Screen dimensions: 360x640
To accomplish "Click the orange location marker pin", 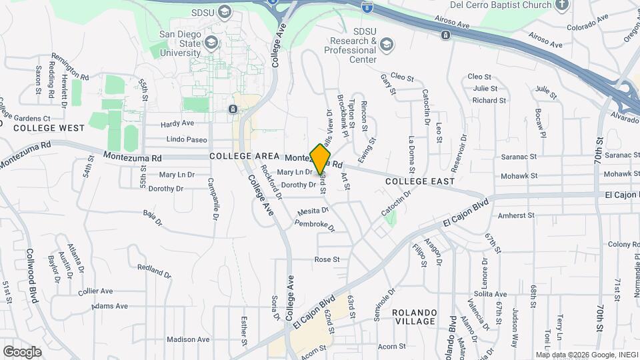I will click(321, 159).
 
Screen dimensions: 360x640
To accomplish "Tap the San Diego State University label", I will click(179, 43).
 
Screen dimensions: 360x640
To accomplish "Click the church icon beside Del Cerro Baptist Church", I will click(562, 5).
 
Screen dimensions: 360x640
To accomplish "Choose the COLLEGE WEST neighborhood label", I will click(49, 127).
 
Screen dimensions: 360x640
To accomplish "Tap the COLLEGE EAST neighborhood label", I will click(420, 181).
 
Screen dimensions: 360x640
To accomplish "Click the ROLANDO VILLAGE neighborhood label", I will click(423, 317).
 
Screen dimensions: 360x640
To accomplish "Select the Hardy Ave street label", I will click(177, 123).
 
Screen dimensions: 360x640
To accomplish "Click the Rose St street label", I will click(327, 259).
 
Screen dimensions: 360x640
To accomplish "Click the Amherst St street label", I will click(517, 215).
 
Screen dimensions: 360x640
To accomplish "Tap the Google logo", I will click(22, 351).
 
